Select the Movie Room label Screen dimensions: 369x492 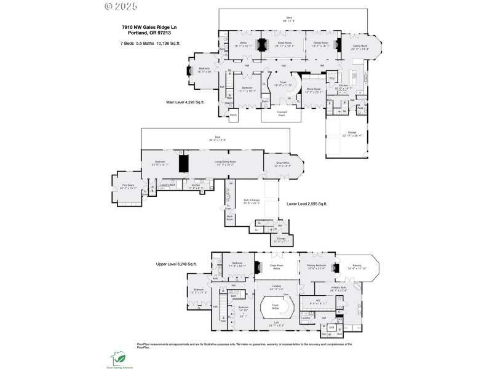click(x=314, y=90)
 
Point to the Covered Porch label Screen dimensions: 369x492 click(x=282, y=114)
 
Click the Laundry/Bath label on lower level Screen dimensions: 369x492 click(x=169, y=184)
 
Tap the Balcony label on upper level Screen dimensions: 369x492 click(x=357, y=267)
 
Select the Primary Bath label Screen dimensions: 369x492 click(x=339, y=287)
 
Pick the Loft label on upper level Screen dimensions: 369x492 click(x=276, y=323)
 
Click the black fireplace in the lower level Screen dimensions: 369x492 click(x=183, y=164)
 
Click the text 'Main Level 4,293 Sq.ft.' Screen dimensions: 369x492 click(x=188, y=102)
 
